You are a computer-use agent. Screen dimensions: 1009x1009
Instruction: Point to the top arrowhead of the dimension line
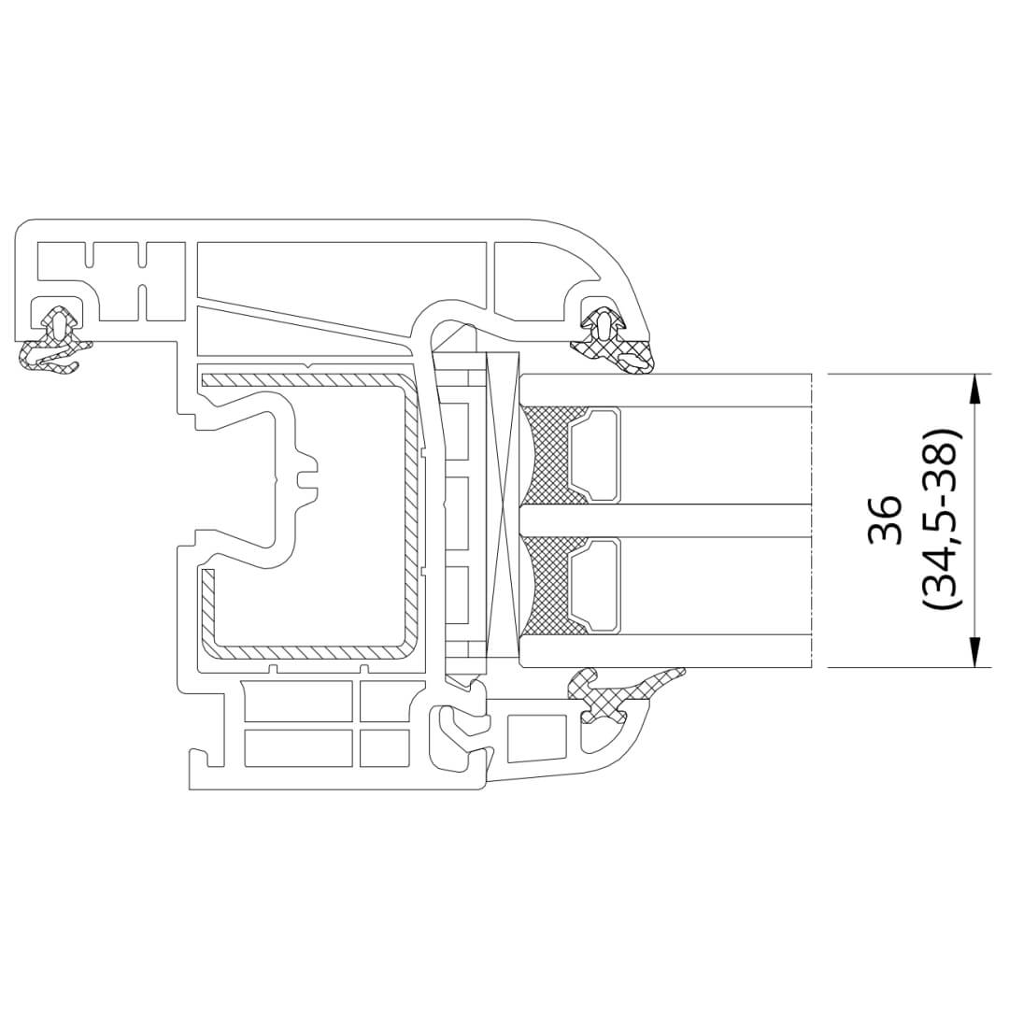click(974, 390)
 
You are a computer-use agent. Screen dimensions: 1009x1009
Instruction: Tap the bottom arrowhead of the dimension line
click(974, 651)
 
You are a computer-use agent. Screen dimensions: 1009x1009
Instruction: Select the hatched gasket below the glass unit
click(618, 695)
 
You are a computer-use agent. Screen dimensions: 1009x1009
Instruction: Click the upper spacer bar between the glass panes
click(594, 454)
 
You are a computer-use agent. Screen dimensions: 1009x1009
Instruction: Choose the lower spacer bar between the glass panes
click(594, 586)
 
